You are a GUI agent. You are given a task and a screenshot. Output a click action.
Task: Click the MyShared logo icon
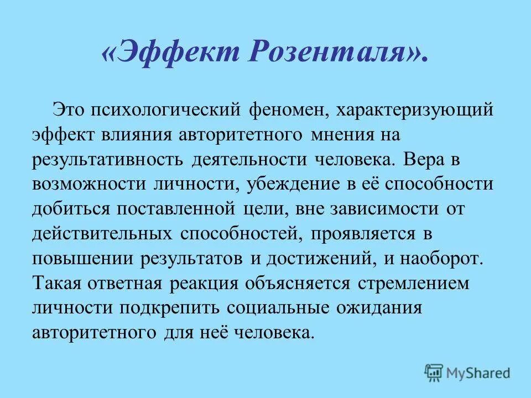click(434, 371)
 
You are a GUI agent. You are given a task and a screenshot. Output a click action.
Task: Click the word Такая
click(57, 285)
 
